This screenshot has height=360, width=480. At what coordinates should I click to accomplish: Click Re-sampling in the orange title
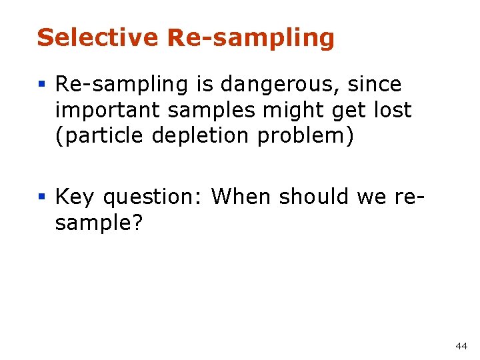tap(251, 39)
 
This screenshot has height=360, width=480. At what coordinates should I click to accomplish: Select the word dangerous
tap(281, 85)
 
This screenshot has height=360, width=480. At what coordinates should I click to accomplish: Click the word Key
tap(75, 197)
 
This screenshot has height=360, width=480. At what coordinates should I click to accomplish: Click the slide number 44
tap(461, 346)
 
